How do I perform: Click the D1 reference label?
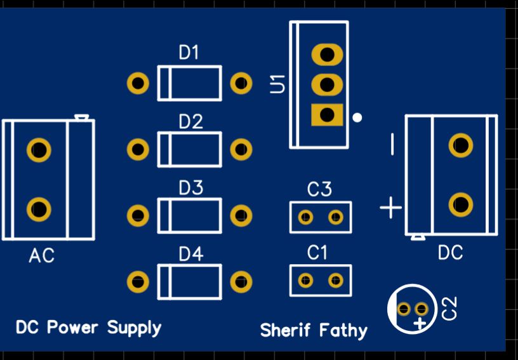(189, 53)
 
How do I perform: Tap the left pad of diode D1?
(138, 83)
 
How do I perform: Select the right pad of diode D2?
(241, 150)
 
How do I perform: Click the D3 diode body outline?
(189, 216)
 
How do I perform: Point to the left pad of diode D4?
(138, 282)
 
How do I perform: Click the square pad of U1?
(327, 115)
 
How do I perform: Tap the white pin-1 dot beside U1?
(357, 117)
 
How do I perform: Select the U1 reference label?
(277, 84)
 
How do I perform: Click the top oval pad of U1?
(327, 54)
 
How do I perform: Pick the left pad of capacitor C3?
(306, 218)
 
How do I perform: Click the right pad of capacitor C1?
(335, 280)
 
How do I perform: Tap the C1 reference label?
(317, 253)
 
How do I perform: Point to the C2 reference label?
(449, 309)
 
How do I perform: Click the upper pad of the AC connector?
(39, 150)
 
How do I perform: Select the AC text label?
(42, 256)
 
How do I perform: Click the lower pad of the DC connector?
(460, 205)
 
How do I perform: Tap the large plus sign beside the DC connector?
(391, 207)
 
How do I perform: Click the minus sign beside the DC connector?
(392, 145)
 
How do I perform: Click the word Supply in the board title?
(134, 328)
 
